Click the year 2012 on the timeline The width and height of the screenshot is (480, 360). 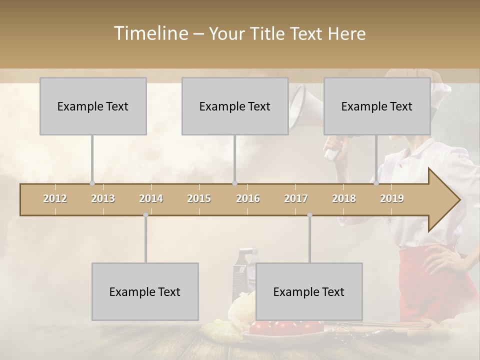tap(55, 198)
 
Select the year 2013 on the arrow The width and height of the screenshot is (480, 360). tap(103, 198)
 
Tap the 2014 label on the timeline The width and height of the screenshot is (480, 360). tap(151, 198)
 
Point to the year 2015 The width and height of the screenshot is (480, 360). tap(199, 198)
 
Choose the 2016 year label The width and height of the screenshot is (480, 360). tap(248, 198)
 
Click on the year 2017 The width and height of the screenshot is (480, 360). tap(296, 198)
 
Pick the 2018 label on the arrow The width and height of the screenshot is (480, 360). tap(344, 198)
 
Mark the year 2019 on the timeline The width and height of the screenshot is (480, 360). tap(392, 198)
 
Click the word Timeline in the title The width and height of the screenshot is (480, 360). tap(150, 33)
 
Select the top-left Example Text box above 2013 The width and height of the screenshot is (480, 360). tap(93, 106)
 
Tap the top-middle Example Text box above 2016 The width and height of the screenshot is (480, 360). tap(235, 106)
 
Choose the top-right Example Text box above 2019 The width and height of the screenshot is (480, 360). tap(377, 106)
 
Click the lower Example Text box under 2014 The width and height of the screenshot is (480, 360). tap(145, 291)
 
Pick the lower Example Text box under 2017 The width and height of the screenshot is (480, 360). tap(309, 291)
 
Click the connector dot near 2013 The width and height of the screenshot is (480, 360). tap(92, 183)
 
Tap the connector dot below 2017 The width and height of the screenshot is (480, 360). tap(309, 215)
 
